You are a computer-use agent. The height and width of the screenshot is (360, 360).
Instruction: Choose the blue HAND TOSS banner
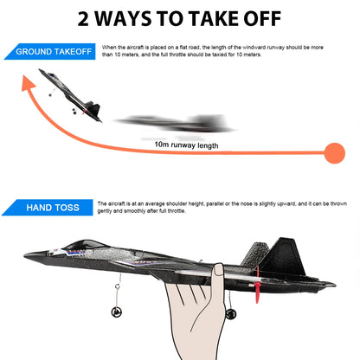tap(52, 208)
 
